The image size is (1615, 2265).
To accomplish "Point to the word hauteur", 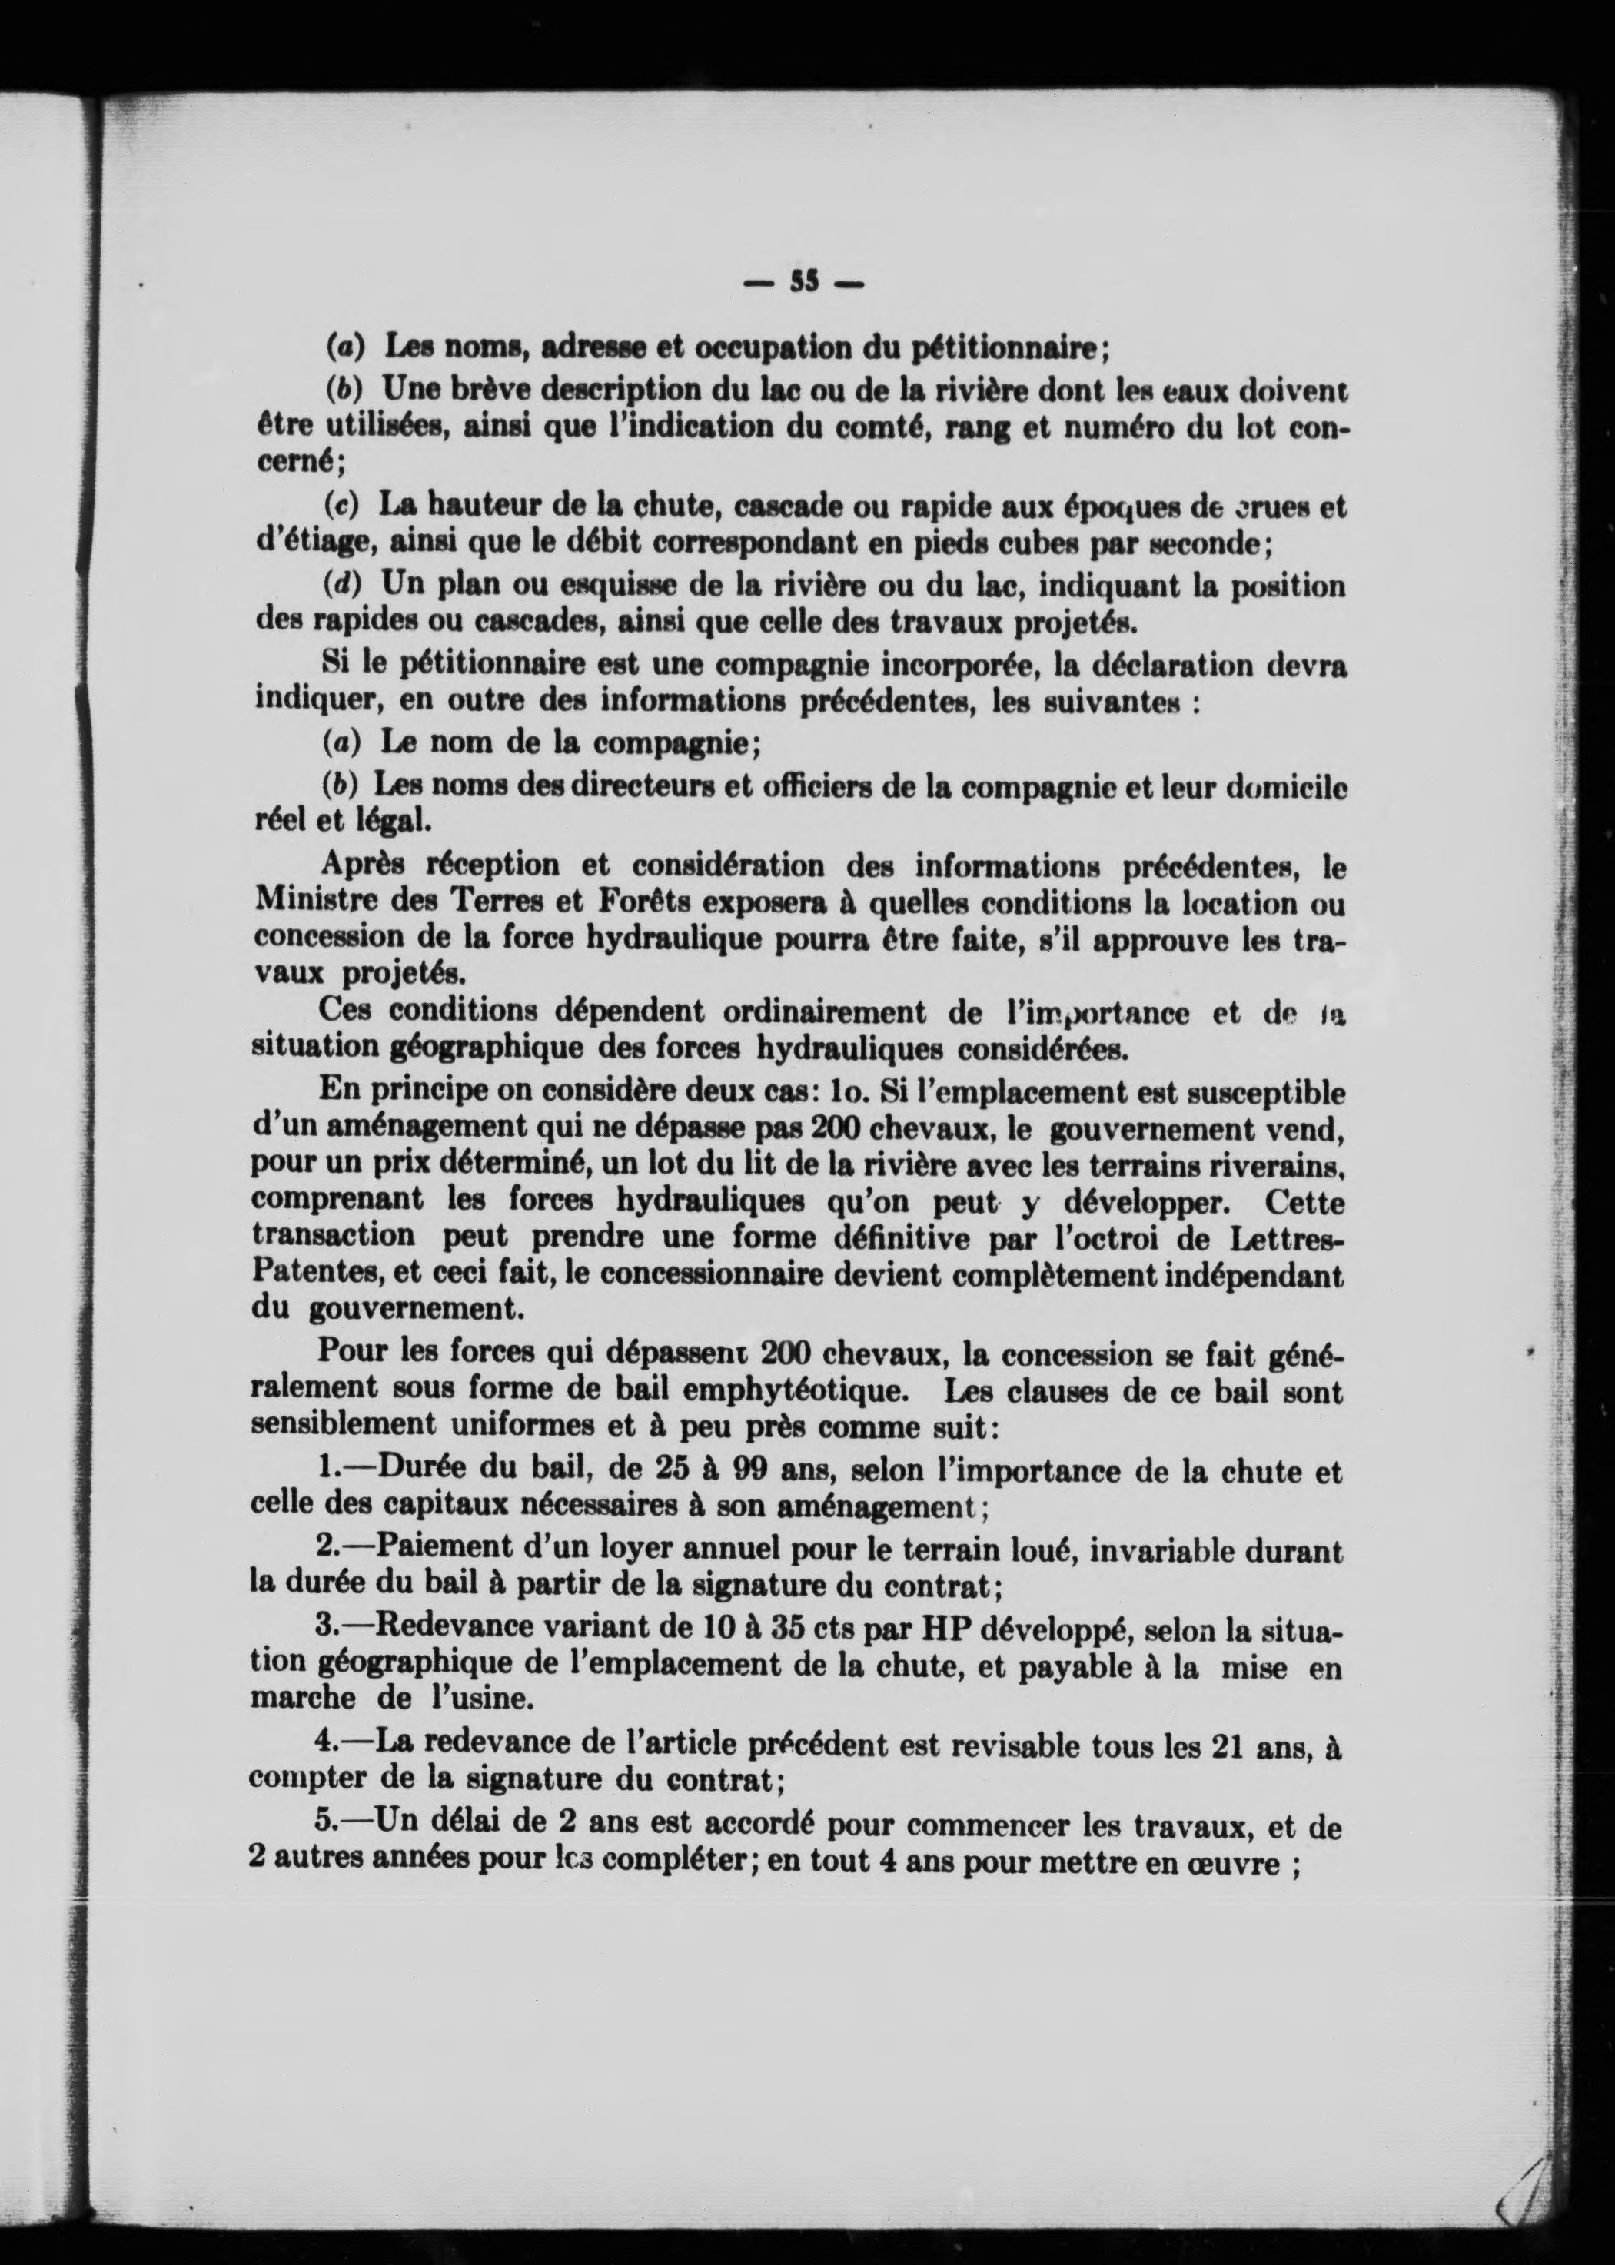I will click(477, 505).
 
